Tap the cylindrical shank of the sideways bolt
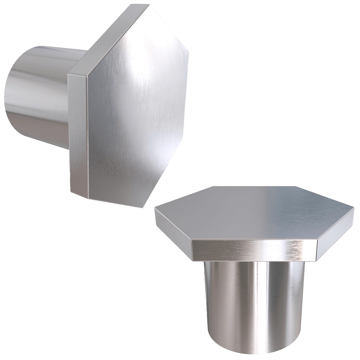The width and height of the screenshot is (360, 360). click(40, 94)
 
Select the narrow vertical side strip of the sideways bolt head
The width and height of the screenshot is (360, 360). click(78, 133)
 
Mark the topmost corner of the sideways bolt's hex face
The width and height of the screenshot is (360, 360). click(149, 4)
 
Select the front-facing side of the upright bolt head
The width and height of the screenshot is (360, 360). click(254, 250)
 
